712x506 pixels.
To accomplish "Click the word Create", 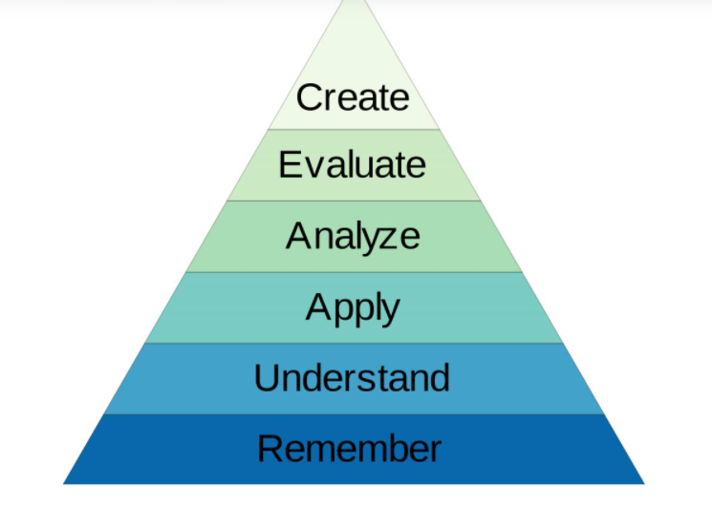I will [x=353, y=97].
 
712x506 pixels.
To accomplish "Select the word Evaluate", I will [x=353, y=164].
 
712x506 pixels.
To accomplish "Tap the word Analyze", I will [x=353, y=235].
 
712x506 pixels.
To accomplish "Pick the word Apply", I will [x=353, y=307].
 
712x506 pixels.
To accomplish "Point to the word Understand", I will [x=352, y=378].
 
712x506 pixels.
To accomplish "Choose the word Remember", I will [x=350, y=448].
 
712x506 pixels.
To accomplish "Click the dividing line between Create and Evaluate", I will [x=353, y=129].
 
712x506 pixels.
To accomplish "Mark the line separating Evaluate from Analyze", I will [x=353, y=200].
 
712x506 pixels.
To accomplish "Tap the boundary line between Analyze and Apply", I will [x=353, y=272].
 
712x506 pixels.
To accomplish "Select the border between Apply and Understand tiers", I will [x=353, y=344].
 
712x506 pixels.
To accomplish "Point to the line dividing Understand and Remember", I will [x=353, y=414].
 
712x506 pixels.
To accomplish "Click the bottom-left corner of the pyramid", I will [x=64, y=483].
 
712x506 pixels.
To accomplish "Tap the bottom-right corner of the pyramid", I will [x=644, y=483].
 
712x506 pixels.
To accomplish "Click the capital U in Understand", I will [x=268, y=378].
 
